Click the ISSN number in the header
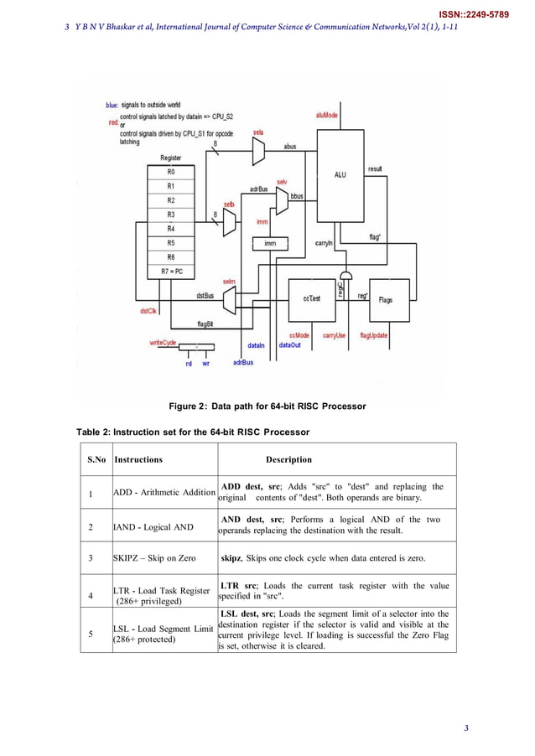pyautogui.click(x=474, y=14)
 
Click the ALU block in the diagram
pyautogui.click(x=340, y=174)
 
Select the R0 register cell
pyautogui.click(x=170, y=171)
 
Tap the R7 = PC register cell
pyautogui.click(x=170, y=272)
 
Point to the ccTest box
pyautogui.click(x=311, y=298)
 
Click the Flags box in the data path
pyautogui.click(x=386, y=299)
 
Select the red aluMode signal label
pyautogui.click(x=327, y=115)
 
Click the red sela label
pyautogui.click(x=258, y=132)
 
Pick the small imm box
pyautogui.click(x=270, y=243)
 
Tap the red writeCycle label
pyautogui.click(x=163, y=342)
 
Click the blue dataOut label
pyautogui.click(x=290, y=344)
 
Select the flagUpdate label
pyautogui.click(x=373, y=335)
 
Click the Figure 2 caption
pyautogui.click(x=267, y=406)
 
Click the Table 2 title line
pyautogui.click(x=193, y=432)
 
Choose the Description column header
pyautogui.click(x=288, y=459)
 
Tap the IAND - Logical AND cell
pyautogui.click(x=153, y=526)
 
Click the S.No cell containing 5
pyautogui.click(x=91, y=633)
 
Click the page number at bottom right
pyautogui.click(x=467, y=727)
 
